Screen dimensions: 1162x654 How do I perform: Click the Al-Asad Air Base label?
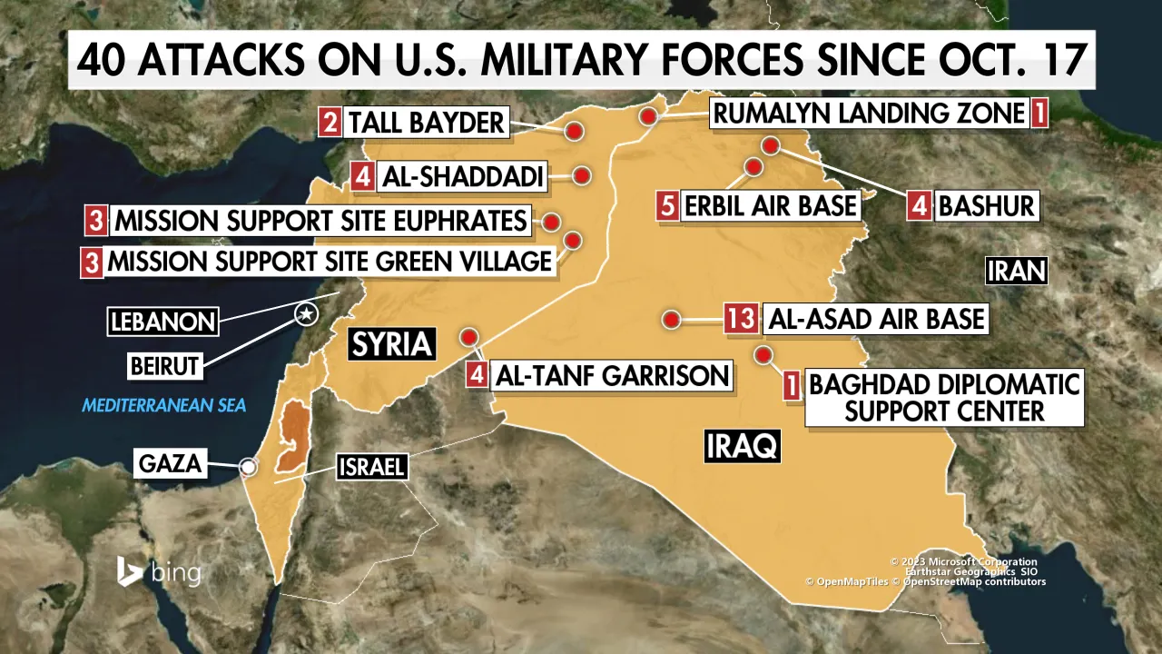(876, 319)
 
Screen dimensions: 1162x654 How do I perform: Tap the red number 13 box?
(741, 319)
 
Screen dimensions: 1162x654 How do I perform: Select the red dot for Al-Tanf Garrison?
(469, 337)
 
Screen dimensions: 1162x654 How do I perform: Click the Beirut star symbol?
(307, 314)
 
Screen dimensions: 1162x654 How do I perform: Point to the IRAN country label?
(1017, 271)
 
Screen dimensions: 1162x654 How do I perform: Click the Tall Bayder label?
(426, 123)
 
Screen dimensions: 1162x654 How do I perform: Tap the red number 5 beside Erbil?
(667, 205)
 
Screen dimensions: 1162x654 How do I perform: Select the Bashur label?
(986, 205)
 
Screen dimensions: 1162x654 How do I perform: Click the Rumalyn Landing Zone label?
(868, 114)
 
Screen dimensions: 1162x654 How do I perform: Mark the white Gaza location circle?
(247, 467)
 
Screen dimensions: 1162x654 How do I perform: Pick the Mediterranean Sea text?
(164, 404)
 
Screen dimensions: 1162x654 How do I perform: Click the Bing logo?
(158, 572)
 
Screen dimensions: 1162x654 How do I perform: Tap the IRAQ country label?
(742, 446)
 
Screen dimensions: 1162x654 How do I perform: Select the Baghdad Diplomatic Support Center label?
(944, 397)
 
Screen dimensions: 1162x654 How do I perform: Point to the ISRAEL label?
(370, 468)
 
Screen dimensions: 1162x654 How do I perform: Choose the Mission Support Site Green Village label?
(330, 262)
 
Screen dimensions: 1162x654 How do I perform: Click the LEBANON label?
(163, 321)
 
